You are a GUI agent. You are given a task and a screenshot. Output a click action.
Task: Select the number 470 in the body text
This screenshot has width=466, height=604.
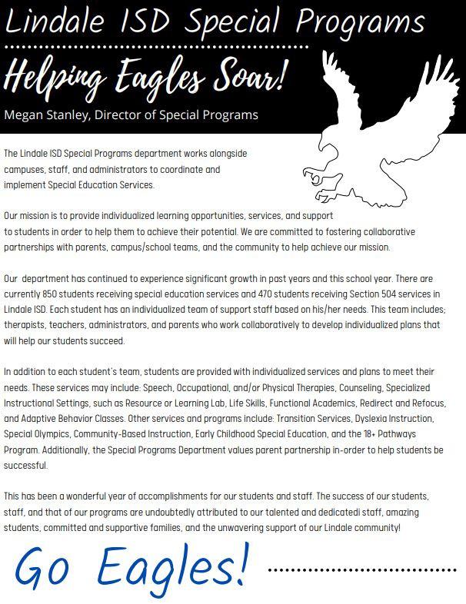pos(255,294)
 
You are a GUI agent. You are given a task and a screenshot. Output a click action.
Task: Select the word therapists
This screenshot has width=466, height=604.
pos(23,325)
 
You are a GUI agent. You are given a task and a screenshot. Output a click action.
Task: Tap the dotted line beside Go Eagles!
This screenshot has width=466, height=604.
pos(361,571)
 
